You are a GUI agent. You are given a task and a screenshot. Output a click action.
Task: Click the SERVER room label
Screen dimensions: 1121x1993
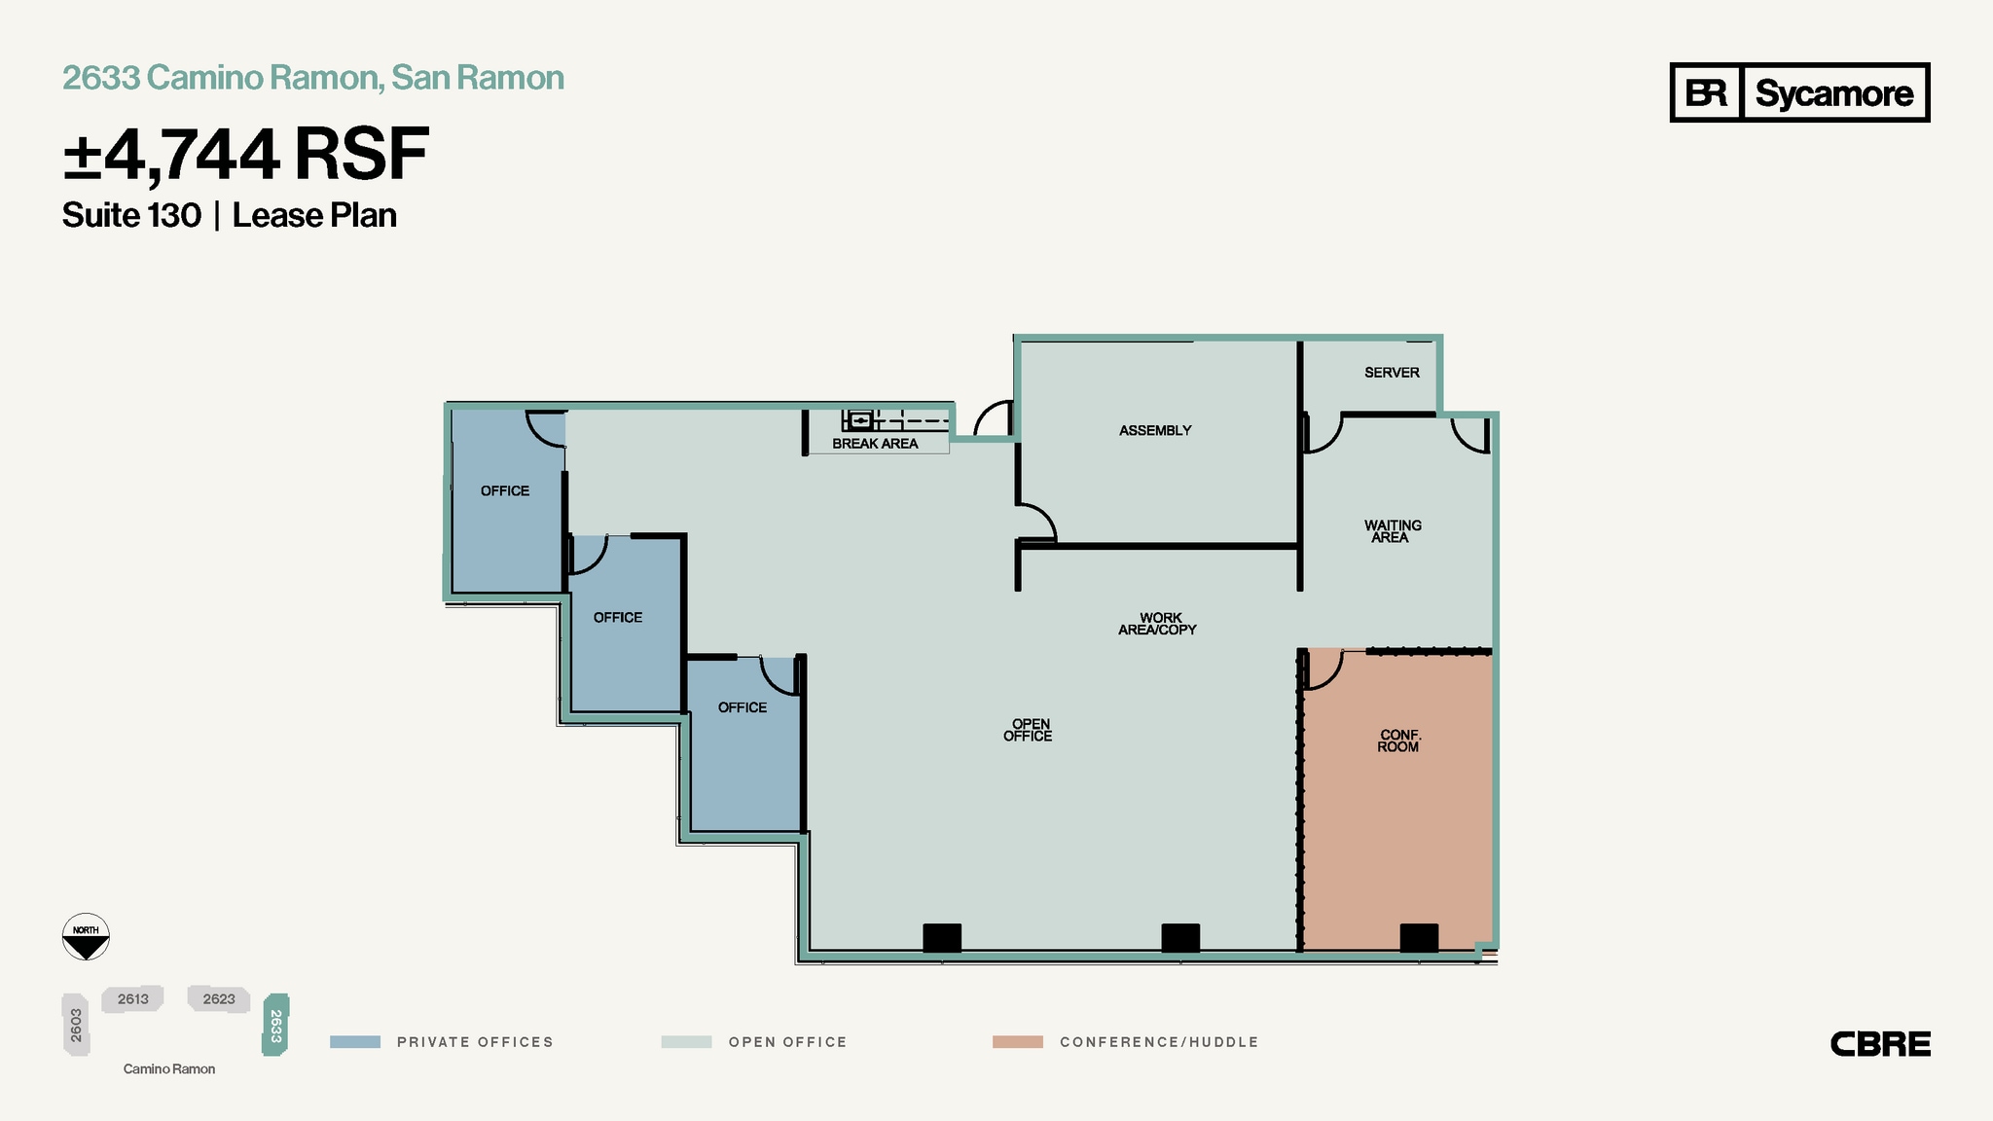(x=1392, y=373)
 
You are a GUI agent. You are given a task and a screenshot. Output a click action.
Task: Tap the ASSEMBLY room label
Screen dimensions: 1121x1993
(x=1155, y=430)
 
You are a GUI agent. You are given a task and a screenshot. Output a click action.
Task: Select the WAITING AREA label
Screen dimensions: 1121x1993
(x=1393, y=531)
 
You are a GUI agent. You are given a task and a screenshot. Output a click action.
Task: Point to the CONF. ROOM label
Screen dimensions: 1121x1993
(x=1398, y=741)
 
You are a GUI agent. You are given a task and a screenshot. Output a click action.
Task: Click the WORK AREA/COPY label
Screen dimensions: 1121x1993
(x=1158, y=624)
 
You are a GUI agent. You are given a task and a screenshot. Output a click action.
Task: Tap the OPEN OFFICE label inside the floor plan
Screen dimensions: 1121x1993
(x=1029, y=730)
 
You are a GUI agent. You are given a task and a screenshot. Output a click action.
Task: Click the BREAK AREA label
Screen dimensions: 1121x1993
(x=875, y=444)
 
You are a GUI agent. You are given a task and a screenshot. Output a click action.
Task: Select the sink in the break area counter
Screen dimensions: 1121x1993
(x=859, y=420)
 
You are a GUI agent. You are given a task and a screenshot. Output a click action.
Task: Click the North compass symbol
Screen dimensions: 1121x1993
(x=86, y=937)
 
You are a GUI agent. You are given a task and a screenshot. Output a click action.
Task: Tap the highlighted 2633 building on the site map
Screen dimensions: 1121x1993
(x=275, y=1025)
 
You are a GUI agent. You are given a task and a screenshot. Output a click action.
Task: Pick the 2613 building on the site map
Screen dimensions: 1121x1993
(x=133, y=999)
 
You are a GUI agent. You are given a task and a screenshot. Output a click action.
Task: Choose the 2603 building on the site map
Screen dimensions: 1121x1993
(x=76, y=1025)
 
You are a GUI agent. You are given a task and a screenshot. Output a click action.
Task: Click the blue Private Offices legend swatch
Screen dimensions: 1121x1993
(x=355, y=1042)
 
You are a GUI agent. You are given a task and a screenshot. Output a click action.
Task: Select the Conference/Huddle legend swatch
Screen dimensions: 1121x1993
(x=1017, y=1042)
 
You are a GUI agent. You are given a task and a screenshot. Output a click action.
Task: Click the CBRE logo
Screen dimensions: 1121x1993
(x=1880, y=1044)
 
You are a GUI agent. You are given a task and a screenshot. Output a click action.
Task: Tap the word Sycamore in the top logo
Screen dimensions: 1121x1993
(x=1833, y=93)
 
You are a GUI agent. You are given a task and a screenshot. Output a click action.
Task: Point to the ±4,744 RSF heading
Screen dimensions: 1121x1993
(x=245, y=155)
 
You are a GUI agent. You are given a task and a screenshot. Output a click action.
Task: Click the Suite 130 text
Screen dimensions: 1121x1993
(x=131, y=215)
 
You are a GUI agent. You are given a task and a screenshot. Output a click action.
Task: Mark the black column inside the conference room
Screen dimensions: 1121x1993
(x=1419, y=938)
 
